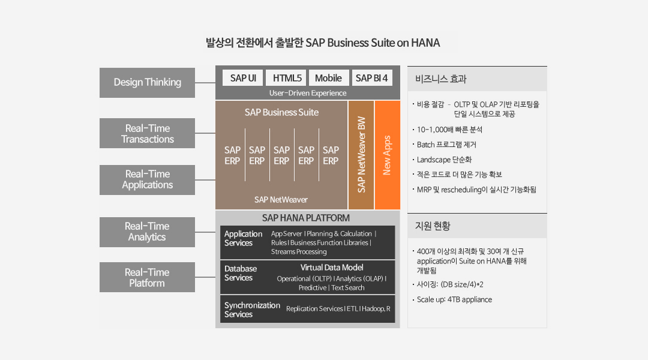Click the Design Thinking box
point(147,83)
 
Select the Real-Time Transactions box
point(147,133)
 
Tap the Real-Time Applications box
point(147,180)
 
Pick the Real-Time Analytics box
point(147,232)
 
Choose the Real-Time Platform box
point(147,277)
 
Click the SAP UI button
point(242,78)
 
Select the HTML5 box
point(286,78)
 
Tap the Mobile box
point(329,78)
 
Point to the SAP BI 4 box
point(371,78)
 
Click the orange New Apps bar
point(387,155)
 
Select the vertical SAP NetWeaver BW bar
point(361,155)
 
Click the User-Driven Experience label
point(308,93)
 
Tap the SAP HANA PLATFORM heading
point(306,218)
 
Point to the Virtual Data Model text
point(332,268)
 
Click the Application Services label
point(243,238)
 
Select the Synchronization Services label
point(252,310)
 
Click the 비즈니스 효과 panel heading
point(440,79)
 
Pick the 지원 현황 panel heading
point(432,226)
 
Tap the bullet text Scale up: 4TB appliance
point(454,299)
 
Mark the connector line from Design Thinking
point(205,83)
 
